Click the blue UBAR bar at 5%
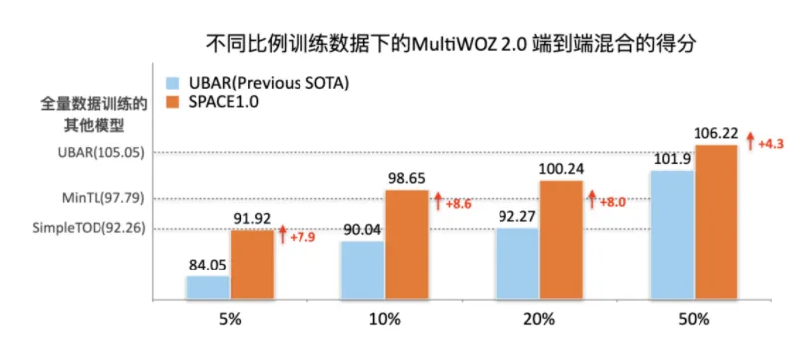[x=207, y=287]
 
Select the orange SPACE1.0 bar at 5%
[x=252, y=265]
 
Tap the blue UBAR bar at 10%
[x=362, y=270]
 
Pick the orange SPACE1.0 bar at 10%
[x=406, y=245]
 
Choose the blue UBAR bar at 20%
[x=516, y=264]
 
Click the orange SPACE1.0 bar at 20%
[x=560, y=240]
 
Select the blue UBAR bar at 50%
[x=672, y=235]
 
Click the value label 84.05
[x=207, y=265]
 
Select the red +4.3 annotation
[x=772, y=145]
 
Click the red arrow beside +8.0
[x=591, y=200]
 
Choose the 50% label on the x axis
[x=694, y=320]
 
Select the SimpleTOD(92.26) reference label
[x=91, y=228]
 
